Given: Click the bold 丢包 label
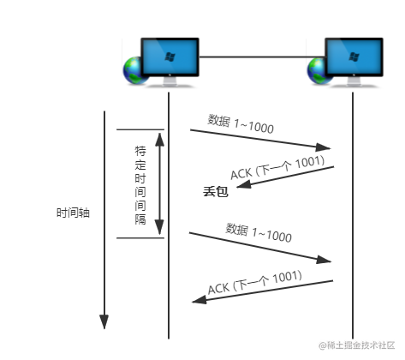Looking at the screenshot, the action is (216, 191).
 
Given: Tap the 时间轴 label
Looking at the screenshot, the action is (73, 213).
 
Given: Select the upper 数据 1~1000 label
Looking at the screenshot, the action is (241, 124).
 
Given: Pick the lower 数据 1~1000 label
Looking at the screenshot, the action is (259, 233).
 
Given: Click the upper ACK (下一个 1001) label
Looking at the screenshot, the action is (277, 168).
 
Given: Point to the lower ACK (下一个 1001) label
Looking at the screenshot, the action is (255, 282).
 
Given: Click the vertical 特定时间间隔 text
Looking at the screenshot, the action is (140, 185).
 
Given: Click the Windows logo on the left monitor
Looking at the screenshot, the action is (170, 57).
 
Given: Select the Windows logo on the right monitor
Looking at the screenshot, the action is (354, 57).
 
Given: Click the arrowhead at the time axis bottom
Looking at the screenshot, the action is (104, 321).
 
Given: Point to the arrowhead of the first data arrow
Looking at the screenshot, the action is (323, 147).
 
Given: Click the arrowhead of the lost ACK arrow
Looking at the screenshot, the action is (244, 184).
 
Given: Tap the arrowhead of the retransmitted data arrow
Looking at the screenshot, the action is (324, 260).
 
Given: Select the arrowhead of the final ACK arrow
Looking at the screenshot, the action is (200, 300).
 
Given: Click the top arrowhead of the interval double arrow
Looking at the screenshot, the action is (160, 140).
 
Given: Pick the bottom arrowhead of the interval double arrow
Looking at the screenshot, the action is (159, 227).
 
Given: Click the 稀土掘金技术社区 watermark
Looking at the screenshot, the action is (357, 345).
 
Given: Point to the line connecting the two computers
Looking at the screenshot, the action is (262, 57).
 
